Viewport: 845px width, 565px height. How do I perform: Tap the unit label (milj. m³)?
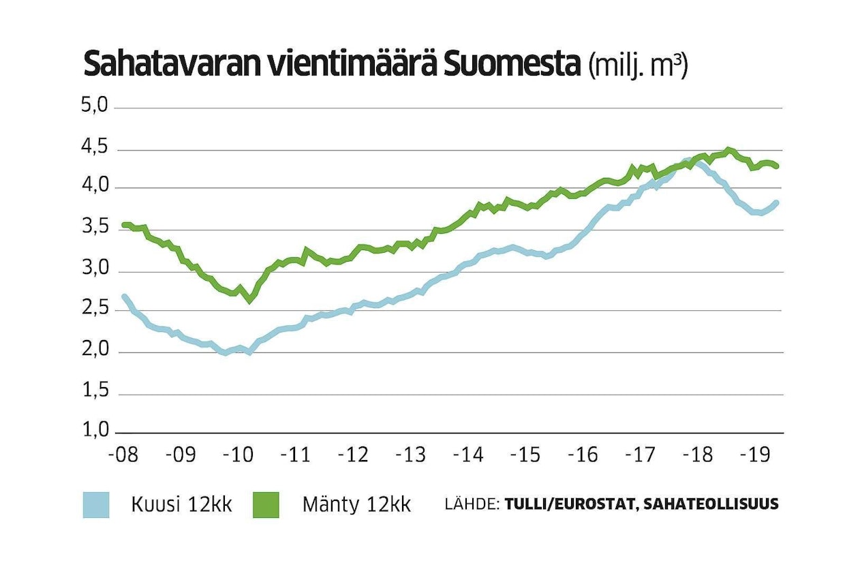pos(638,66)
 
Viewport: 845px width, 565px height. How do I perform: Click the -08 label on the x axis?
pos(123,455)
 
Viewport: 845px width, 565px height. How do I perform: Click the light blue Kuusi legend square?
pos(96,505)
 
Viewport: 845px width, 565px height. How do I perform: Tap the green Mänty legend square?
pos(266,505)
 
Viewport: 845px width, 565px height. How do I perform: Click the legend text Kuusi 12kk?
pos(181,506)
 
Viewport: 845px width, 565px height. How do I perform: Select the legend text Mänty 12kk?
pos(356,506)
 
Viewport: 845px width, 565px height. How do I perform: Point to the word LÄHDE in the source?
pos(472,505)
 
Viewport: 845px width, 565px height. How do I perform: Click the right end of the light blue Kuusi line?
pos(776,202)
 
